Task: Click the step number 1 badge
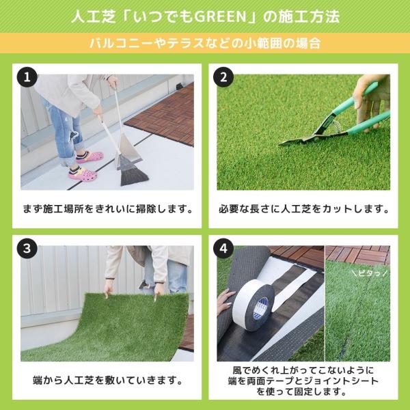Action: tap(28, 77)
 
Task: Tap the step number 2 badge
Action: tap(223, 77)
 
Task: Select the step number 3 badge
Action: tap(28, 247)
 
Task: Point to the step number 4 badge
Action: tap(223, 247)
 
